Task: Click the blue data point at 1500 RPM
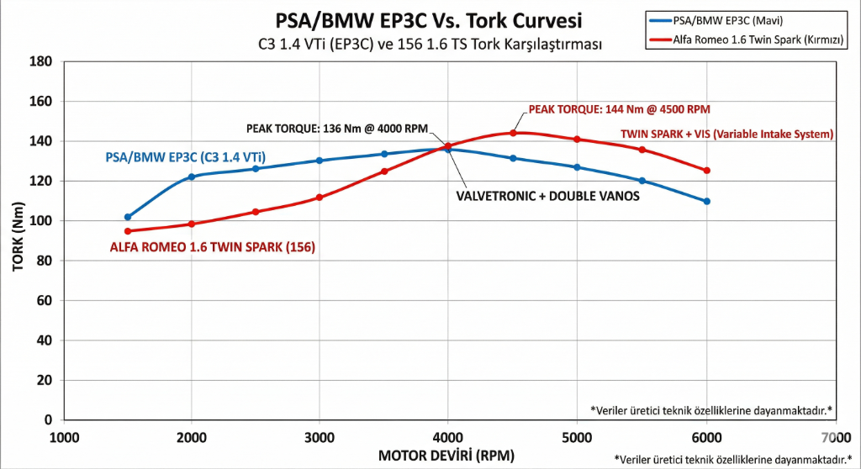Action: tap(128, 217)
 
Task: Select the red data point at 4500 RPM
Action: tap(513, 133)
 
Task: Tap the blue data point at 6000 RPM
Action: tap(706, 201)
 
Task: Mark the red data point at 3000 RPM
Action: tap(320, 198)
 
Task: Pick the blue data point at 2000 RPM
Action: tap(192, 177)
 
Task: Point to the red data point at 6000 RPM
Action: tap(706, 171)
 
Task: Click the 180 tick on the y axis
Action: tap(40, 61)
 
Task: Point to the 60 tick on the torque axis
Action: tap(44, 300)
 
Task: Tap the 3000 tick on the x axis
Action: tap(320, 437)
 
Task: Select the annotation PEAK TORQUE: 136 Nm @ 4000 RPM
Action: tap(337, 129)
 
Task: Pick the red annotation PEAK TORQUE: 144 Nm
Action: tap(620, 109)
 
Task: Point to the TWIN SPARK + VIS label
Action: tap(726, 134)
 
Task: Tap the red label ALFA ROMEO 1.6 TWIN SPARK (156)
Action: tap(212, 248)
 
